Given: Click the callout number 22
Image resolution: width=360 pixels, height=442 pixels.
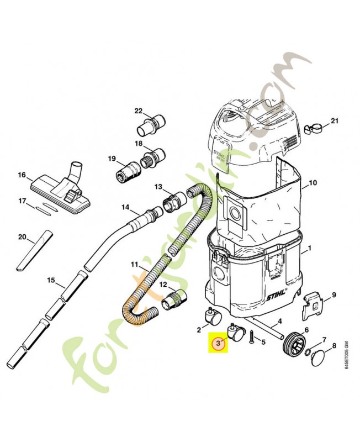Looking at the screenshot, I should pos(139,110).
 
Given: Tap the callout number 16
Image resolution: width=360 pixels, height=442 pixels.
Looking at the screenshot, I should pos(22,175).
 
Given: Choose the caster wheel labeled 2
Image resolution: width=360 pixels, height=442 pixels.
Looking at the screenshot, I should pos(211,316).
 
